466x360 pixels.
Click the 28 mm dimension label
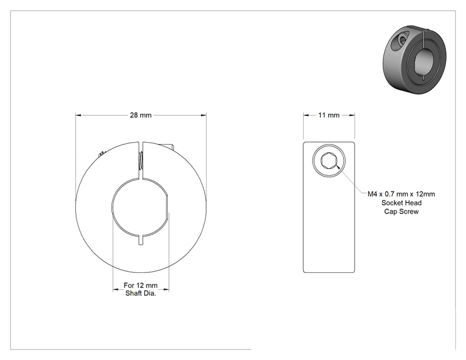tap(140, 115)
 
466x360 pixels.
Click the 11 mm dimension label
tap(329, 115)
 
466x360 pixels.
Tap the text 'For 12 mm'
tap(140, 285)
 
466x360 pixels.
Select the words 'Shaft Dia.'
tap(140, 293)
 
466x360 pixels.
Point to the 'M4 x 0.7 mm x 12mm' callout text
tap(401, 194)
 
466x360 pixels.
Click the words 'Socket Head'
tap(401, 203)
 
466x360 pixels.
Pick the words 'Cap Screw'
tap(401, 212)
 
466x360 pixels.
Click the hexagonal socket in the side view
tap(329, 161)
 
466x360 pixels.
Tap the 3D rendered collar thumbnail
tap(414, 59)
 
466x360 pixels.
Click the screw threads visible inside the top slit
tap(141, 160)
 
